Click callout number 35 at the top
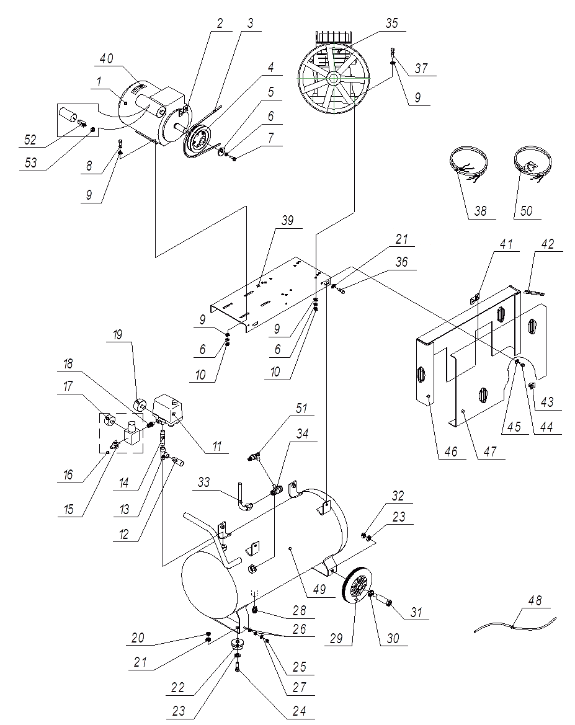tap(391, 23)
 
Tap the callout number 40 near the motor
tap(107, 59)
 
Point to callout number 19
tap(117, 334)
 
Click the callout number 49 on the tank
tap(319, 589)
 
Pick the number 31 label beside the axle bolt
tap(416, 613)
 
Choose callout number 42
tap(547, 244)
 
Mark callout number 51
tap(301, 408)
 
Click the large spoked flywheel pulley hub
tap(333, 79)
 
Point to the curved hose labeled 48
tap(515, 626)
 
